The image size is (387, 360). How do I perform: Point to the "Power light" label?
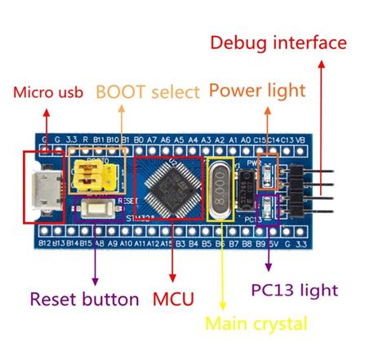pos(256,89)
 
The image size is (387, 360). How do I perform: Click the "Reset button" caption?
pos(85,299)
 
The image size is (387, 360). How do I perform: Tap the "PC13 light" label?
pos(294,289)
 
